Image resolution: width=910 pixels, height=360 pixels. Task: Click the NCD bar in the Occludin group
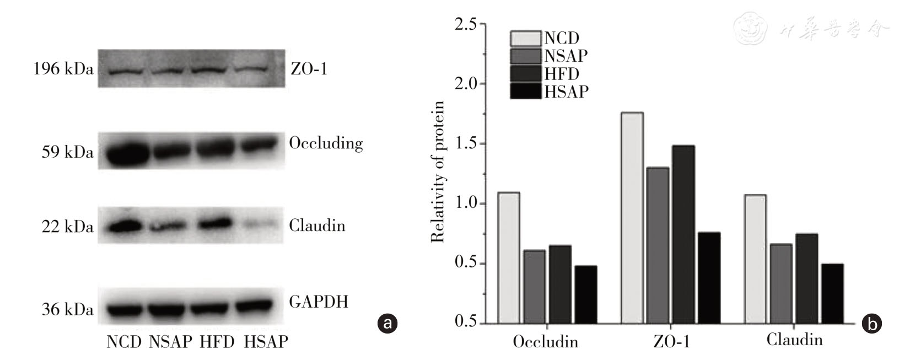(508, 257)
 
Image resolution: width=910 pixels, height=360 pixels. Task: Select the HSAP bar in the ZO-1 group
(708, 277)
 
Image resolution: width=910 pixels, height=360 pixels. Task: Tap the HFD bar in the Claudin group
(806, 278)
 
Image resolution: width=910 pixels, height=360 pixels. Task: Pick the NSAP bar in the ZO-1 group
(658, 245)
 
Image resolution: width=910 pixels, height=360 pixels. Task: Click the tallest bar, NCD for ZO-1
(632, 218)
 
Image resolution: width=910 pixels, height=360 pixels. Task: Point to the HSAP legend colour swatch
(525, 91)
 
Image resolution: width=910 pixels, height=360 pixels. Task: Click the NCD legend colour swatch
(525, 39)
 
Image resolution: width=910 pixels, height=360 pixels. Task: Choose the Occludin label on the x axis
(545, 342)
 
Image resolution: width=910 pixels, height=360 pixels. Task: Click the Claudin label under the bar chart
(794, 340)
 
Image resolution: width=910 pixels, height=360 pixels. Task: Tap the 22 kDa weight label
(68, 227)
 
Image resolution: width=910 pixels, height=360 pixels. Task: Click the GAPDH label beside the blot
(319, 302)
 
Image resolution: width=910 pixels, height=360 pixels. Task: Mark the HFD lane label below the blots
(217, 342)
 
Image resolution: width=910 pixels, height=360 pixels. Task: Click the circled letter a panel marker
(387, 323)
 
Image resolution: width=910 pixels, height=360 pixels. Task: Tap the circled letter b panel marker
(872, 323)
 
